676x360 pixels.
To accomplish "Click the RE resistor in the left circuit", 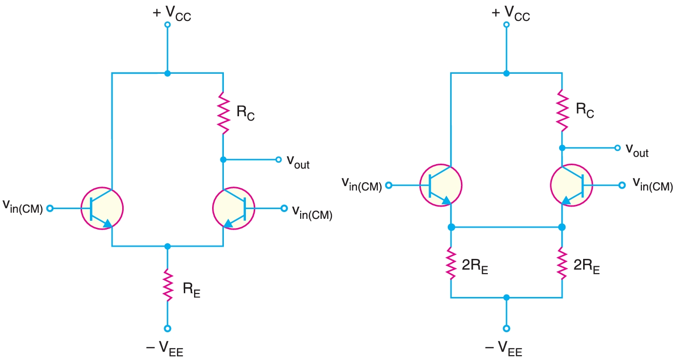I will pyautogui.click(x=168, y=286).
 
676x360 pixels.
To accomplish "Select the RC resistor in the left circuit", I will pyautogui.click(x=223, y=113).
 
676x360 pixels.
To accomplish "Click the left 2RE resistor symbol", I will pyautogui.click(x=451, y=264).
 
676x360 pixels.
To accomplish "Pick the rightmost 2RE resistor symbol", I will pyautogui.click(x=562, y=264).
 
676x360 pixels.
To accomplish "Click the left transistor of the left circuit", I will pyautogui.click(x=103, y=209).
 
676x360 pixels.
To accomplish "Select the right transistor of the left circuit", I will pyautogui.click(x=233, y=209).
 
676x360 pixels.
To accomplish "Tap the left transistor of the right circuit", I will pyautogui.click(x=441, y=186).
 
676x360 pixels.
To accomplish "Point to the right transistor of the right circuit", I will pyautogui.click(x=571, y=186).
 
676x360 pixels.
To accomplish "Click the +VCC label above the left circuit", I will pyautogui.click(x=172, y=13).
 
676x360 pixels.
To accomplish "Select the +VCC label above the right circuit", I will pyautogui.click(x=511, y=13).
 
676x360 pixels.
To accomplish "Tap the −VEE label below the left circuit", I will pyautogui.click(x=165, y=348).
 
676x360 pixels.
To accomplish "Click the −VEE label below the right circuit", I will pyautogui.click(x=504, y=348).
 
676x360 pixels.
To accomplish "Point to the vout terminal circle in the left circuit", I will pyautogui.click(x=278, y=159).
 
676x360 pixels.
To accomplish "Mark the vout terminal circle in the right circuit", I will pyautogui.click(x=617, y=148).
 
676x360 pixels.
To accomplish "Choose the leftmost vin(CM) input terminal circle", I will pyautogui.click(x=49, y=209).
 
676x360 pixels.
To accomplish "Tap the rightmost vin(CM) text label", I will pyautogui.click(x=653, y=184).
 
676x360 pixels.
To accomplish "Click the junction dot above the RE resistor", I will pyautogui.click(x=168, y=246).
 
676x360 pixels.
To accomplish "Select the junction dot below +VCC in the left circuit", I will pyautogui.click(x=168, y=73).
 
